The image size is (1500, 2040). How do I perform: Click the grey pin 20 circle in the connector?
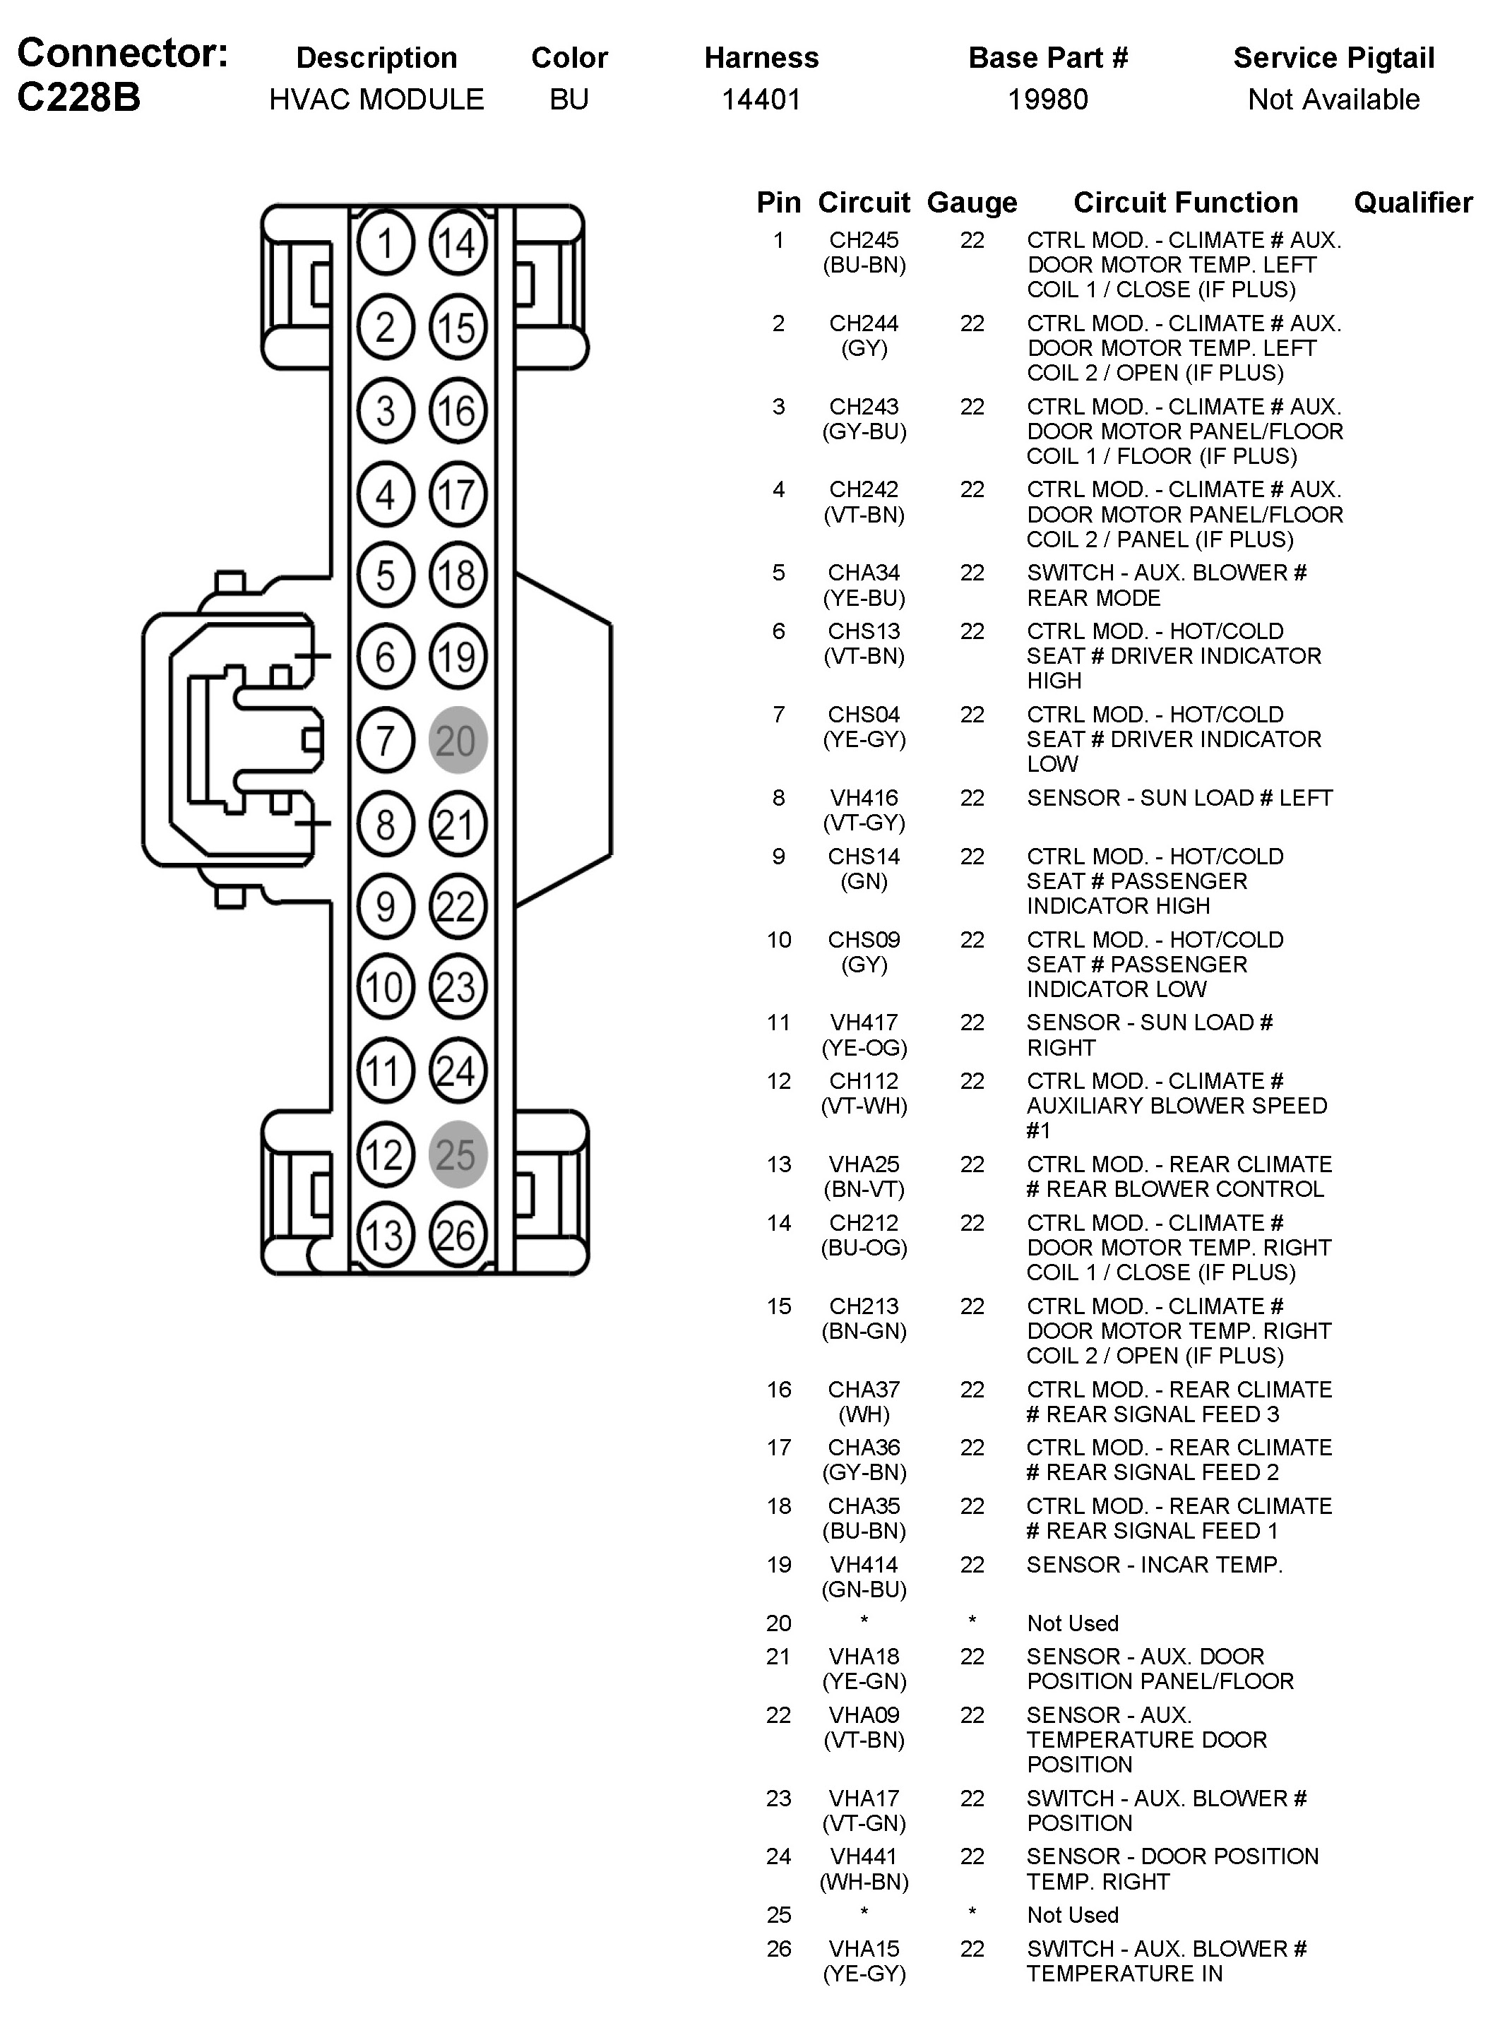[458, 740]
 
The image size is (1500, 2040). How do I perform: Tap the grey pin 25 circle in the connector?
[458, 1154]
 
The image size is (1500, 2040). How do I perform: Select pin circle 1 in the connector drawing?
[385, 244]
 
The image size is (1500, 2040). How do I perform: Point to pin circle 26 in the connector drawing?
[458, 1235]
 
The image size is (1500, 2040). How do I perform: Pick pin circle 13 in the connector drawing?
[385, 1235]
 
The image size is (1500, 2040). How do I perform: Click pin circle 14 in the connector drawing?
[458, 244]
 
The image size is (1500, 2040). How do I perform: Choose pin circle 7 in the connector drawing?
[385, 740]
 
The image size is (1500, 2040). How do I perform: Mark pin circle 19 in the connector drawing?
[458, 657]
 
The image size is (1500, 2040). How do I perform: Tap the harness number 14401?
[761, 99]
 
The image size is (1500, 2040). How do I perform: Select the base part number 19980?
[1048, 99]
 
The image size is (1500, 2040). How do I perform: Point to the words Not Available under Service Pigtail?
[1333, 99]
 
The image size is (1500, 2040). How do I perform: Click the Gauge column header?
[972, 203]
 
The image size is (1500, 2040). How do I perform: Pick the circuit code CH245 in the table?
[864, 241]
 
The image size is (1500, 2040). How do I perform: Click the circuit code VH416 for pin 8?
[864, 798]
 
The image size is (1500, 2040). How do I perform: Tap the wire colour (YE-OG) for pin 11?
[864, 1048]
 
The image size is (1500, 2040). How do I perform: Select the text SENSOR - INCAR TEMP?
[1154, 1564]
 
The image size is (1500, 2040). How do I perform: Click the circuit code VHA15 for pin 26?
[864, 1948]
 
